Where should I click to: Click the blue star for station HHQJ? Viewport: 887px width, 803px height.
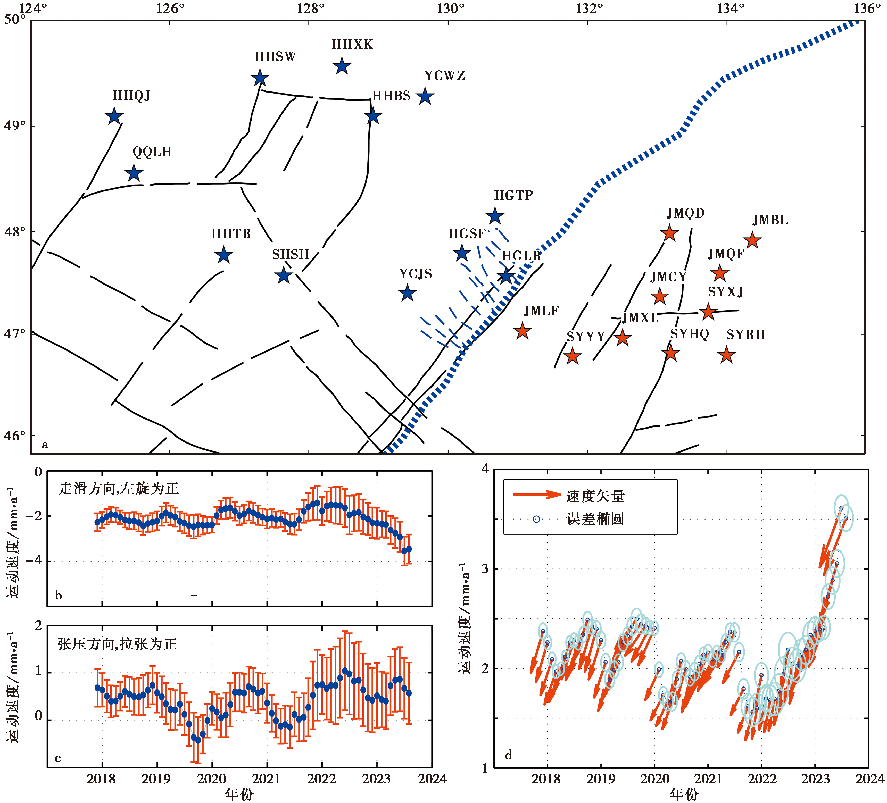click(x=114, y=116)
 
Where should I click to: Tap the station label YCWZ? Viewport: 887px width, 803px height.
click(x=444, y=76)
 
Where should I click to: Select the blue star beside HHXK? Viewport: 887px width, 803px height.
click(x=342, y=66)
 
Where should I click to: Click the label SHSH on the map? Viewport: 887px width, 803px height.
click(x=291, y=255)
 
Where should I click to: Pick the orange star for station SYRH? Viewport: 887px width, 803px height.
click(x=726, y=355)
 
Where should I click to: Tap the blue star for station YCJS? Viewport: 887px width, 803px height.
click(x=408, y=293)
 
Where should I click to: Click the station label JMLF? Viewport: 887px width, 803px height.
click(x=541, y=311)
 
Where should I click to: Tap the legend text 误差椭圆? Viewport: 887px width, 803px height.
click(x=595, y=519)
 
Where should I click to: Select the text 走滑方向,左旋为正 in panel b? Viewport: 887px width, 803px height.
click(x=119, y=489)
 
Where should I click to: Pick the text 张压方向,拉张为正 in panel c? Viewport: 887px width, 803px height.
click(x=118, y=644)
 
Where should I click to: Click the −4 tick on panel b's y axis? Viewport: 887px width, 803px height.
click(x=34, y=561)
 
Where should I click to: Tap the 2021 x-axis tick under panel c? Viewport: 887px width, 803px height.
click(x=266, y=779)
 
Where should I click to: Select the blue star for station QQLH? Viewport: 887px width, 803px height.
click(x=134, y=173)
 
